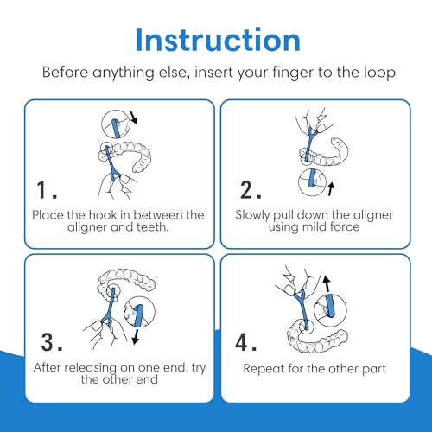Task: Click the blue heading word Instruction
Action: tap(218, 40)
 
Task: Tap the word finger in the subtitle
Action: tap(292, 73)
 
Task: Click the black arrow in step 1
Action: tap(133, 118)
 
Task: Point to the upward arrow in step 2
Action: tap(331, 188)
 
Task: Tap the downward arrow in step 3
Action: tap(136, 337)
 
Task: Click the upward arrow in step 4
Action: tap(327, 283)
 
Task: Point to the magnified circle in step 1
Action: tap(116, 124)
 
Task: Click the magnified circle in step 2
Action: tap(312, 182)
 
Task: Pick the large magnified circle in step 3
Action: tap(139, 312)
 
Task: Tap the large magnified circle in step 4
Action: tap(330, 310)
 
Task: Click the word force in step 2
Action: tap(345, 226)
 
